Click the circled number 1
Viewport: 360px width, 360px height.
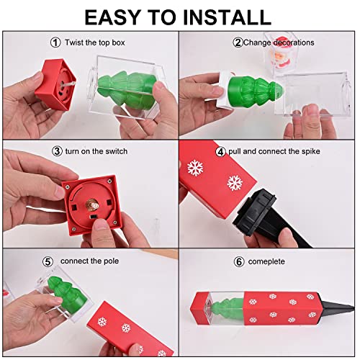(55, 42)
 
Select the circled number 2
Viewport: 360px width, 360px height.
(237, 42)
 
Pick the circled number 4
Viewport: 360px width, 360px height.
(220, 153)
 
